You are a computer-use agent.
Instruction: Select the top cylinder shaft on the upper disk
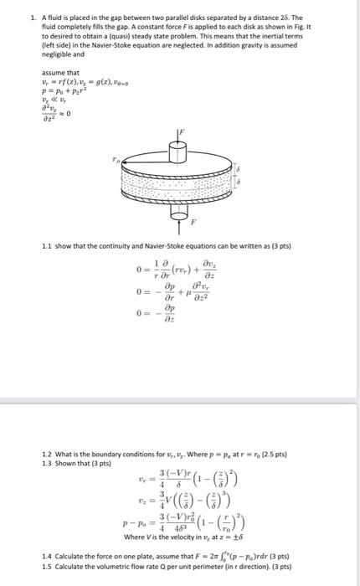[x=177, y=152]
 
